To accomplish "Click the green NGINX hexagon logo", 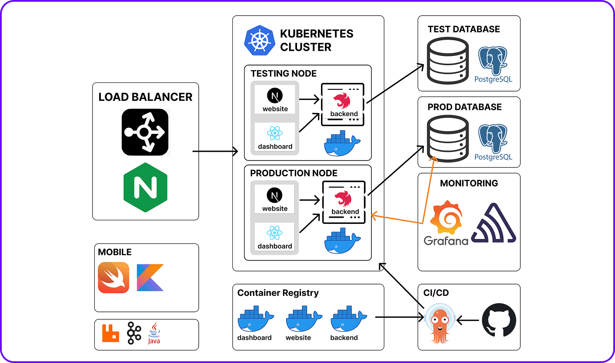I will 145,188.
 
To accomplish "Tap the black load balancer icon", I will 145,132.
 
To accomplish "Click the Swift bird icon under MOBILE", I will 114,277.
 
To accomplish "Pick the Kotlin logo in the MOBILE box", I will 150,277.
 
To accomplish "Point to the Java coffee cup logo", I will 154,333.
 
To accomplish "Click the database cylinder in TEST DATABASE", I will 448,61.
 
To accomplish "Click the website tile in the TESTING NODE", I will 275,100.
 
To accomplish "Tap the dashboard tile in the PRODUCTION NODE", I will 275,237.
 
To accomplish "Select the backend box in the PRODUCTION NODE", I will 343,202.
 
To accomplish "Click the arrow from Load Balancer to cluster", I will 215,152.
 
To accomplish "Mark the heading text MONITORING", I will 469,183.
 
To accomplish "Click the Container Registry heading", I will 278,293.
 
